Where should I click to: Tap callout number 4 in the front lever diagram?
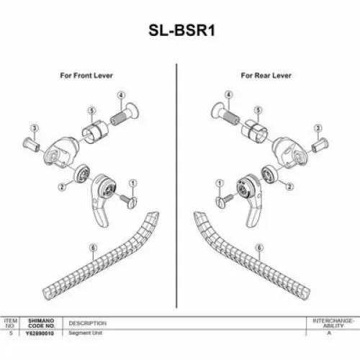[x=122, y=96]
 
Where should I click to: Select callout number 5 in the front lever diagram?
[x=91, y=110]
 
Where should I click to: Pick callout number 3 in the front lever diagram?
[x=34, y=128]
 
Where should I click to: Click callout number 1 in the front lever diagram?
[x=133, y=184]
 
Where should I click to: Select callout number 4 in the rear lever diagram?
[x=228, y=95]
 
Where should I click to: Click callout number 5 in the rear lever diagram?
[x=258, y=110]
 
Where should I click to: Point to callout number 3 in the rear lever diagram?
[x=317, y=128]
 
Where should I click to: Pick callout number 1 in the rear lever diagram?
[x=217, y=184]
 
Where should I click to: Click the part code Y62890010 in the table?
[x=42, y=333]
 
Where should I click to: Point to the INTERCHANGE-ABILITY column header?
[x=332, y=322]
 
